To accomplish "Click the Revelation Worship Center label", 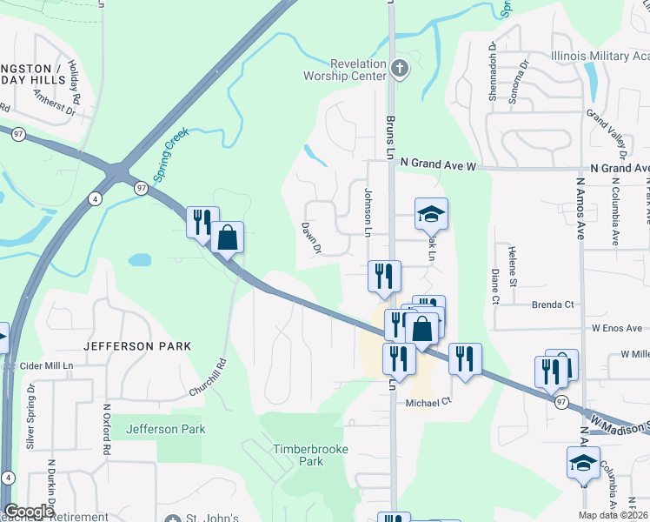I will tap(357, 70).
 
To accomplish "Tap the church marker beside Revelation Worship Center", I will tap(399, 68).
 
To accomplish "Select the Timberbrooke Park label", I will tap(299, 455).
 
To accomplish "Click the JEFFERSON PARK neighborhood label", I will tap(132, 345).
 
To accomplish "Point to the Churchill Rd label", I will tap(209, 379).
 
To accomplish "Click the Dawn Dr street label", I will tap(312, 238).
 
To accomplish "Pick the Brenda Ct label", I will tap(556, 304).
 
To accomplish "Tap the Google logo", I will tap(29, 512).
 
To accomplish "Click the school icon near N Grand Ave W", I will tap(431, 212).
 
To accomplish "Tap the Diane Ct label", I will tap(494, 285).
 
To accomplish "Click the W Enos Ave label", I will tap(615, 328).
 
